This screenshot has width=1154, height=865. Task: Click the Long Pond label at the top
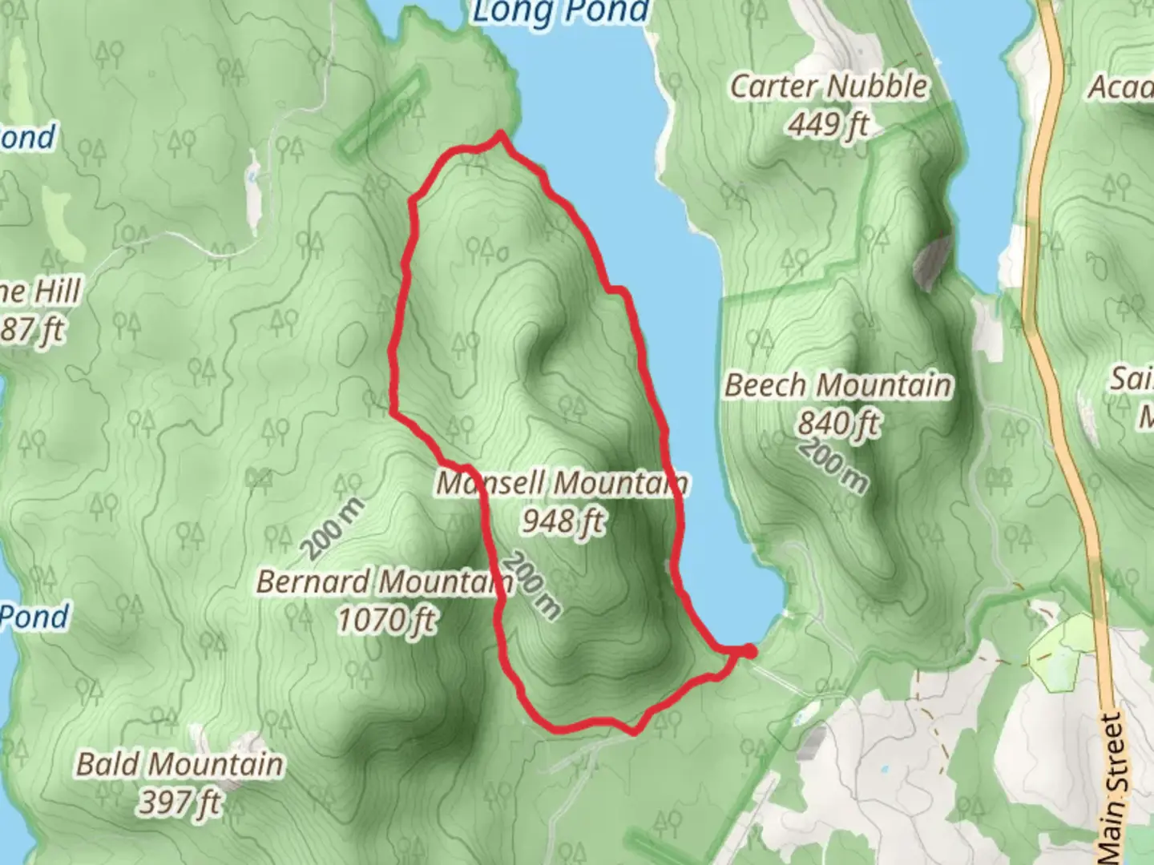point(560,11)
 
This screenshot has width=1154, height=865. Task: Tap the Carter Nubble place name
point(829,86)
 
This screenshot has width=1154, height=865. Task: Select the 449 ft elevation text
point(829,124)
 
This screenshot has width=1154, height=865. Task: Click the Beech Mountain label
point(838,386)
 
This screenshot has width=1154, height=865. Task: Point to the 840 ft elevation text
point(838,422)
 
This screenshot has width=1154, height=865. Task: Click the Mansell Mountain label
point(561,484)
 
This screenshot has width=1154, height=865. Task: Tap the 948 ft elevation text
point(563,521)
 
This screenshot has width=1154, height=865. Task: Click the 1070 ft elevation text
point(386,619)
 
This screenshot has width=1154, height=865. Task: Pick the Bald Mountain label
point(180,764)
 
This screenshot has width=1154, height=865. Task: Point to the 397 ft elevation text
point(180,801)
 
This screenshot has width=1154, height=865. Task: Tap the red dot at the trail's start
point(748,651)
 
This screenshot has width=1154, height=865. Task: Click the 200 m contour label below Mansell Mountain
point(534,585)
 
